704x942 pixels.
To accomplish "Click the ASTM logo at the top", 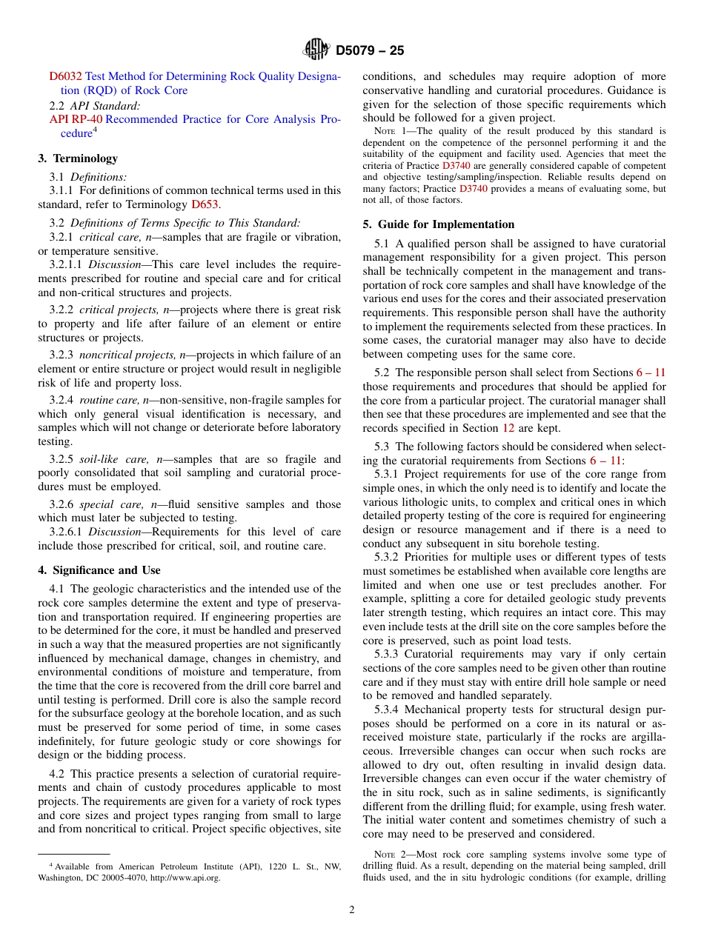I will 316,50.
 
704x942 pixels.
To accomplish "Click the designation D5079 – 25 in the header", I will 370,51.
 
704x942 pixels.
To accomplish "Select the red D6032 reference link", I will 65,76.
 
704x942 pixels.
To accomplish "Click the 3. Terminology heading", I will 77,158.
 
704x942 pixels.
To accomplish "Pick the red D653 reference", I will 205,204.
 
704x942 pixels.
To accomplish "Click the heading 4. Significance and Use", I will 99,570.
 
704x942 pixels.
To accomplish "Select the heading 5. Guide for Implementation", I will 438,224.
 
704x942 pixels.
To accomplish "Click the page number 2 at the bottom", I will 352,910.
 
